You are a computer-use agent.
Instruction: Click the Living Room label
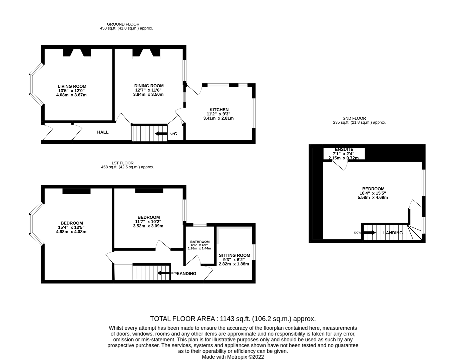(x=72, y=86)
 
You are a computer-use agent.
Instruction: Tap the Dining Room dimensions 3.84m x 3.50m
(x=149, y=94)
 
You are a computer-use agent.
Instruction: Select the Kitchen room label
(x=219, y=110)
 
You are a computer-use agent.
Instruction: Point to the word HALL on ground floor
(x=103, y=132)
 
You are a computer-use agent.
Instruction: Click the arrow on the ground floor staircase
(x=161, y=134)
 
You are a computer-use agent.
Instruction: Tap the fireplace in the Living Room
(x=77, y=53)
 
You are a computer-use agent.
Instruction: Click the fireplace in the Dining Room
(x=146, y=53)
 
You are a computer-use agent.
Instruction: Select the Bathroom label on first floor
(x=200, y=242)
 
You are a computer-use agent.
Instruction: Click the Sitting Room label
(x=234, y=255)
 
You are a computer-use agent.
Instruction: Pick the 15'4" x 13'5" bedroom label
(x=72, y=223)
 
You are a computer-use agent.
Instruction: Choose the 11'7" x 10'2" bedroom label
(x=148, y=217)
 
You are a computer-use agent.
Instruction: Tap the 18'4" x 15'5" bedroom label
(x=373, y=189)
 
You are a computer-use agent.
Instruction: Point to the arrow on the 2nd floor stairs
(x=369, y=232)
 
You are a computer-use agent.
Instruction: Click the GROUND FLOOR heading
(x=123, y=24)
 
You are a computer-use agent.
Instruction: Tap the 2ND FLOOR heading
(x=354, y=118)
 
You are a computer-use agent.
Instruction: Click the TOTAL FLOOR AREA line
(x=233, y=319)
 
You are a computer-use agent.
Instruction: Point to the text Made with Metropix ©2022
(x=233, y=357)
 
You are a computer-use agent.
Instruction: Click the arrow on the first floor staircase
(x=163, y=273)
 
